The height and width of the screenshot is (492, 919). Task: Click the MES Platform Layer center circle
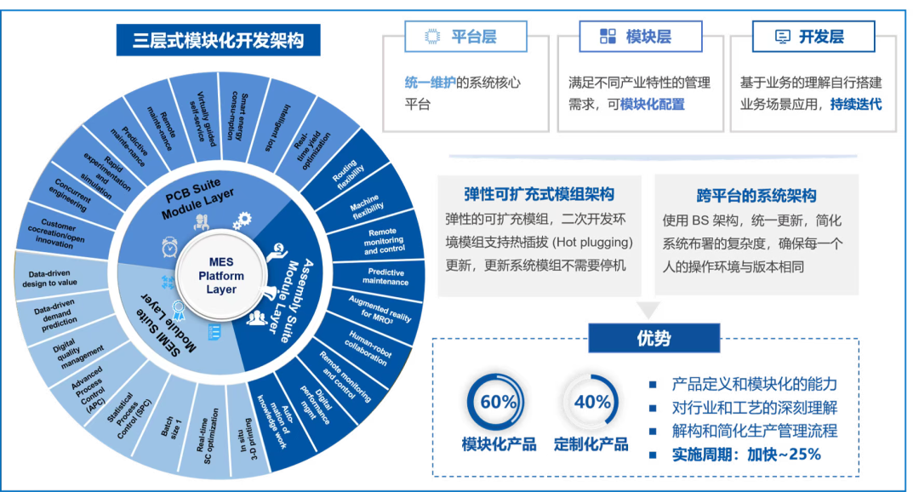tap(221, 276)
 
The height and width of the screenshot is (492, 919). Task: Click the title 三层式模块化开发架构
tap(219, 40)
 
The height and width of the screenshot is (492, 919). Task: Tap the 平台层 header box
tap(464, 37)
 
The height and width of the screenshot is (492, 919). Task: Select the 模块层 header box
tap(640, 37)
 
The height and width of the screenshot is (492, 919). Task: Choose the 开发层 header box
tap(813, 37)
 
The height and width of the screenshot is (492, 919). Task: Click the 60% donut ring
tap(498, 402)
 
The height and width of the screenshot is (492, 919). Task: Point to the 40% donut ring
tap(593, 402)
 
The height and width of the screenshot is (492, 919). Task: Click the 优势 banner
tap(654, 338)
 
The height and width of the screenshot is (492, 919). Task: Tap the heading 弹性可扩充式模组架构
tap(539, 195)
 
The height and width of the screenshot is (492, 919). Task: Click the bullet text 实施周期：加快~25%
tap(746, 455)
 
